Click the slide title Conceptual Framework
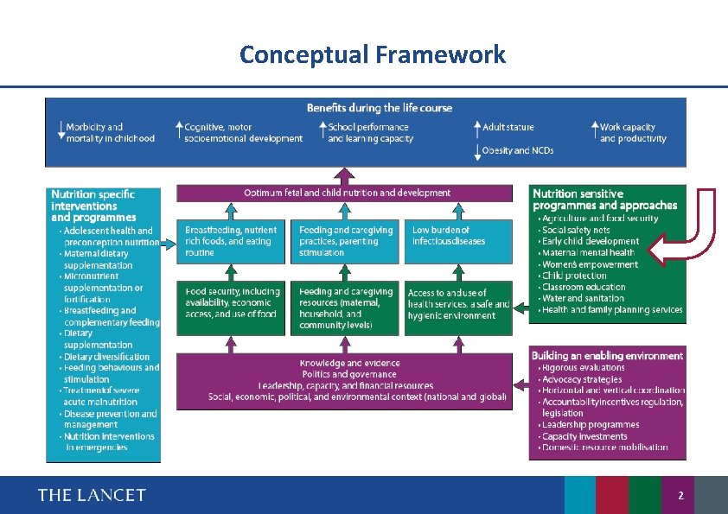[x=372, y=55]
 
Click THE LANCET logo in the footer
[x=92, y=495]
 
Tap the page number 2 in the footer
[x=680, y=496]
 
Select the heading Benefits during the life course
[x=379, y=108]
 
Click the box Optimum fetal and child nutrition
[x=347, y=193]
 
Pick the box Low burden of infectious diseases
[x=456, y=241]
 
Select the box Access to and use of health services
[x=457, y=304]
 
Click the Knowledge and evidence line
[x=349, y=364]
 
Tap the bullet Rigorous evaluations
[x=583, y=368]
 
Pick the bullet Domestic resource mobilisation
[x=604, y=447]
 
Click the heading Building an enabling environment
[x=607, y=355]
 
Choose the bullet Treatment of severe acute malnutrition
[x=100, y=396]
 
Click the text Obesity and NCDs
[x=517, y=150]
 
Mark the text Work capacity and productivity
[x=633, y=132]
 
